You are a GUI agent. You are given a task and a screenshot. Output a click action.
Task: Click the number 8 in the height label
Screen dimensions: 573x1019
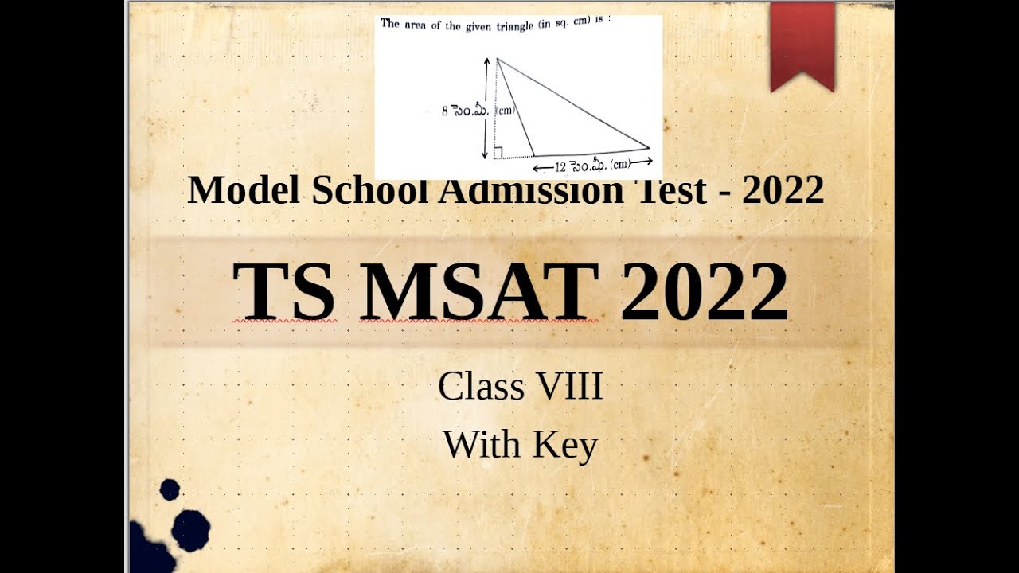446,112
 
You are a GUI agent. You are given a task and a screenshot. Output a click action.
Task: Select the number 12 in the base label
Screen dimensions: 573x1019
560,166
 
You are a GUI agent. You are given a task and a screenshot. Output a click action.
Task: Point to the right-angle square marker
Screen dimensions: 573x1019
498,153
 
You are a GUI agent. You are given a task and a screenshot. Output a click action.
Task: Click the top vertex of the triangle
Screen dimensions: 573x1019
497,59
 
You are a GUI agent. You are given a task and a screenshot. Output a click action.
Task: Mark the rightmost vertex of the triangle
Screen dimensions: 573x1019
650,148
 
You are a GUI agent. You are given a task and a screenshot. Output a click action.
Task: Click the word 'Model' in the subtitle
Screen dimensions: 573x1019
240,191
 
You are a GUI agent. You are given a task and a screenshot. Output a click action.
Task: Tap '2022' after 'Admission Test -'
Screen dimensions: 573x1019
783,191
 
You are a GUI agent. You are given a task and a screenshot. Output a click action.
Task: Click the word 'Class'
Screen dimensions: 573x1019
481,388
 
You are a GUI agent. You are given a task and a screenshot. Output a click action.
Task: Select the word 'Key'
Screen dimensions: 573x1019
565,445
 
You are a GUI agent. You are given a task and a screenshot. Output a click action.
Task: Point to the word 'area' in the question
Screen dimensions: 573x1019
417,25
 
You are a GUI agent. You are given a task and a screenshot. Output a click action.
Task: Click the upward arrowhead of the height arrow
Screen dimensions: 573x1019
486,60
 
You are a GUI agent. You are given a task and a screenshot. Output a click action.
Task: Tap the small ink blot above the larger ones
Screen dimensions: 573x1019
170,489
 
